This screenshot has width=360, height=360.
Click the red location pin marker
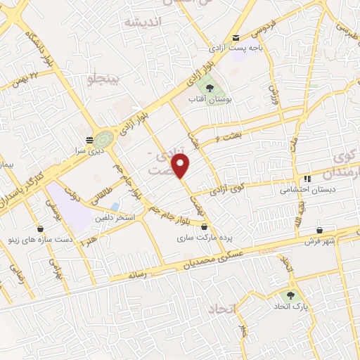coord(181,166)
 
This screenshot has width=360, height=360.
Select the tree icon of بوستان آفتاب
coord(209,88)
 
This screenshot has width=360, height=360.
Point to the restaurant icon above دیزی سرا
coord(89,139)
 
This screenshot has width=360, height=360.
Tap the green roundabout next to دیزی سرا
coord(103,136)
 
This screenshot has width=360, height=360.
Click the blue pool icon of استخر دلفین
coord(115,206)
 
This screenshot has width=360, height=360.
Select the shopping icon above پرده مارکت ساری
coord(205,227)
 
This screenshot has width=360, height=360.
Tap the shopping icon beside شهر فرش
coord(319,230)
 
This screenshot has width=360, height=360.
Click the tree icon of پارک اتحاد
coord(290,295)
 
